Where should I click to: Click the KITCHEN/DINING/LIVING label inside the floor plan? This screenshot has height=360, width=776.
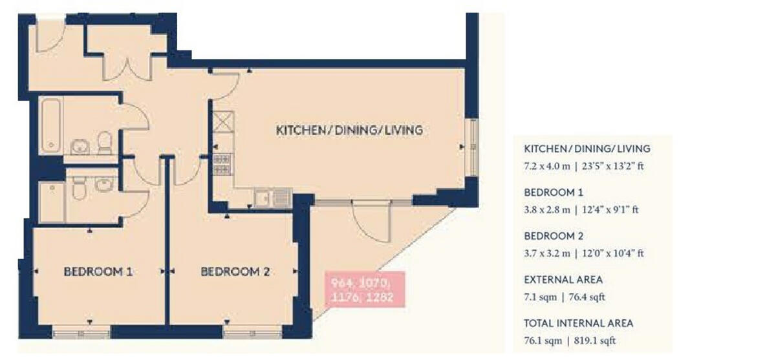pos(349,131)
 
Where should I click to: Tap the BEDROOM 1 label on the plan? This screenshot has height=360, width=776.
pos(98,272)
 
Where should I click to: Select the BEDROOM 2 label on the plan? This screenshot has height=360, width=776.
pos(235,272)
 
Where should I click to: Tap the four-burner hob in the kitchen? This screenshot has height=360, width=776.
pos(222,164)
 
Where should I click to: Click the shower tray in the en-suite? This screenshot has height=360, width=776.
pos(52,201)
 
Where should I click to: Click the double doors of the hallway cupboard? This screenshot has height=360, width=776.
pos(127,65)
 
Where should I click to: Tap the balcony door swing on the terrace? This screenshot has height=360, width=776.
pos(371,220)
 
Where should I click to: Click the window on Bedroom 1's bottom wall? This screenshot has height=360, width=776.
pos(81,334)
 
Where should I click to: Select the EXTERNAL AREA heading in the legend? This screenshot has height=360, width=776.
pos(563,280)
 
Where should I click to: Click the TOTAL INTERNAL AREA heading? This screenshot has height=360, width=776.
pos(579,323)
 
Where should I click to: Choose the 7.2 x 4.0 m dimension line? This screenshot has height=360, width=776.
pos(585,166)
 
